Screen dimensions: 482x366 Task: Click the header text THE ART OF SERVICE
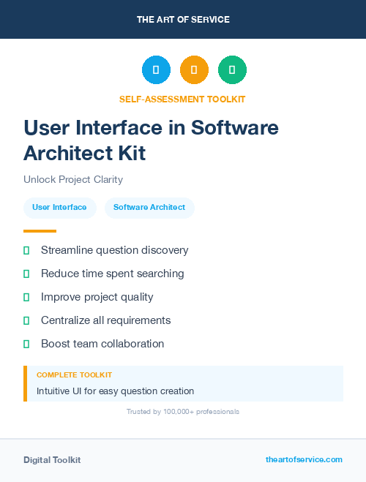[x=183, y=20]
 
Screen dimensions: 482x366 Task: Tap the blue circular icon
[x=156, y=70]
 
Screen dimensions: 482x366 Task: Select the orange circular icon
[x=194, y=70]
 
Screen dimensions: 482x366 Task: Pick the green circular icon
[x=232, y=70]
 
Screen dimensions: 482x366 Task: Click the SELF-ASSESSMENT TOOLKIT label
[x=183, y=99]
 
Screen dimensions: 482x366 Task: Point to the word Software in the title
[x=235, y=128]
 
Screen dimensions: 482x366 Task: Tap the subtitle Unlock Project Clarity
[x=73, y=179]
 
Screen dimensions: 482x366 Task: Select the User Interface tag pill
[x=59, y=208]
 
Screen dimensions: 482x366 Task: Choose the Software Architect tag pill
[x=149, y=208]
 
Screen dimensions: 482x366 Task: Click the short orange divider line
[x=40, y=231]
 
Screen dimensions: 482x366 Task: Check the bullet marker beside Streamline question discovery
[x=26, y=250]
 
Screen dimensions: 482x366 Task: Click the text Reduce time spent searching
[x=113, y=274]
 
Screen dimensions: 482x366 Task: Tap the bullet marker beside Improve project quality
[x=26, y=297]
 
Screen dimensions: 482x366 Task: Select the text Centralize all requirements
[x=105, y=320]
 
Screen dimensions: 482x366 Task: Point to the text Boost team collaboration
[x=102, y=344]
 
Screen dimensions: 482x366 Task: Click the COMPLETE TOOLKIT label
[x=74, y=374]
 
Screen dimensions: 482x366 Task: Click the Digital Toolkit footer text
[x=52, y=460]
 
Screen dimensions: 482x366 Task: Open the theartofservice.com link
[x=304, y=459]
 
